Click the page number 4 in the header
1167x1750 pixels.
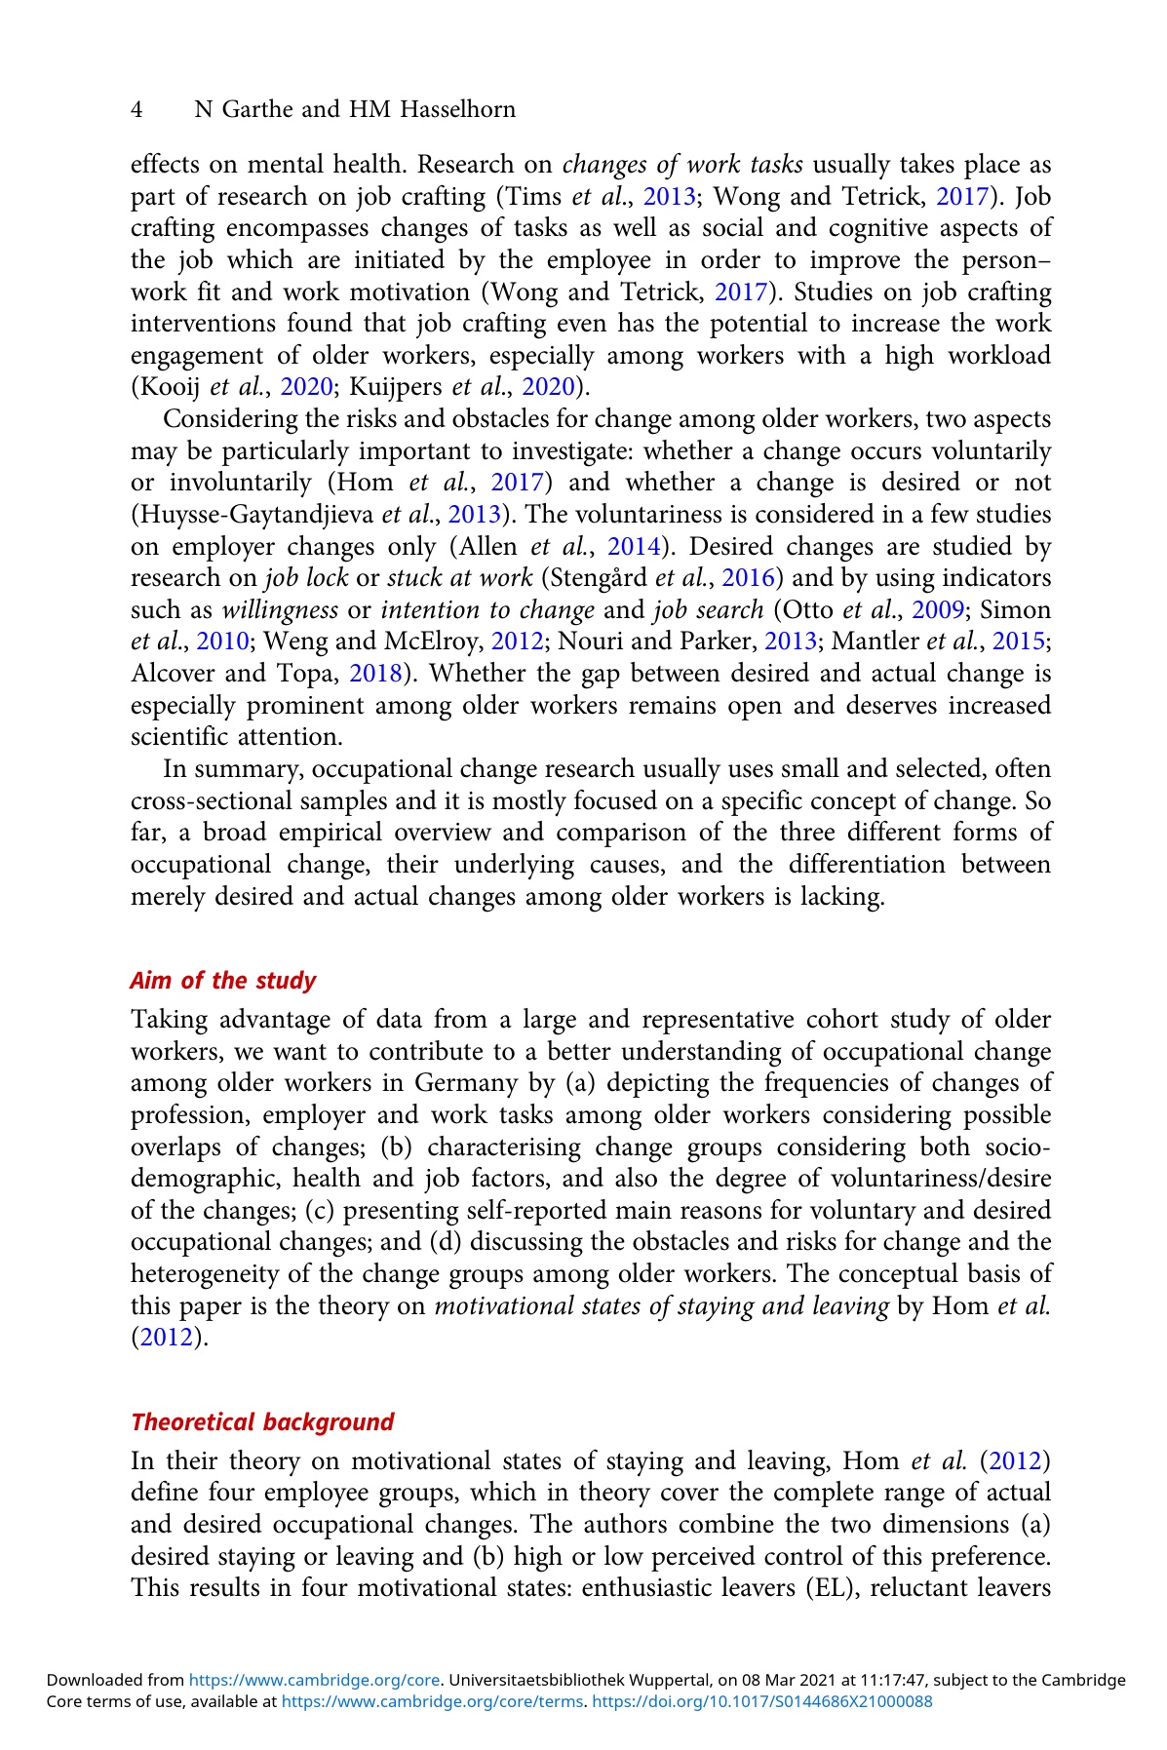pyautogui.click(x=137, y=110)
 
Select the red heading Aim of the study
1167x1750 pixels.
pyautogui.click(x=223, y=981)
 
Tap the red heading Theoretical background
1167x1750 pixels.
pyautogui.click(x=262, y=1422)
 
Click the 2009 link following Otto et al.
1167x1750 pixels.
pyautogui.click(x=939, y=610)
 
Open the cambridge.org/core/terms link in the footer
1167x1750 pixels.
pyautogui.click(x=432, y=1701)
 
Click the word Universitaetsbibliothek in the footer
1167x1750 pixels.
pyautogui.click(x=535, y=1681)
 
